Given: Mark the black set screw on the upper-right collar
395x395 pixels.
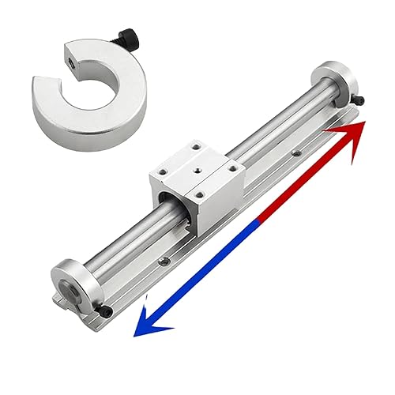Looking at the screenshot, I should pyautogui.click(x=359, y=101).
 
